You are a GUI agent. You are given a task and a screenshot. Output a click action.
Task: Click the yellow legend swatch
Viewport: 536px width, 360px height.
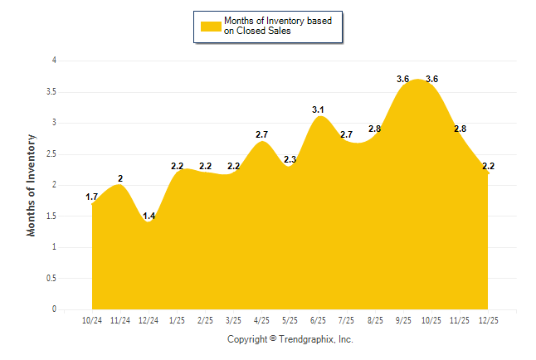(210, 27)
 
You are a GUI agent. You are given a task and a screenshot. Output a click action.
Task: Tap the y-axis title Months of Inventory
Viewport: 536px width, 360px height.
(32, 185)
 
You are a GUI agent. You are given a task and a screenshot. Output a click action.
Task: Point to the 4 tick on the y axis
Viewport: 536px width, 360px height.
(54, 61)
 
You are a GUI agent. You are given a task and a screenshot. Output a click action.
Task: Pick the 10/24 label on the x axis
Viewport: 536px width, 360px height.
(92, 319)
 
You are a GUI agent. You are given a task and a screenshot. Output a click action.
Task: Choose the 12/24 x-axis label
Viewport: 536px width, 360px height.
(149, 319)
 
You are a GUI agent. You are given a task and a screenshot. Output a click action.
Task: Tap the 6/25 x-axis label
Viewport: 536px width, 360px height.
(319, 319)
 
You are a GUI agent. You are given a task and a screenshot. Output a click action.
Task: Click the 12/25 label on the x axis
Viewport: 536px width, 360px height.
(488, 319)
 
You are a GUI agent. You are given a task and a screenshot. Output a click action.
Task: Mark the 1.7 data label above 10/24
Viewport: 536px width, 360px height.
(92, 197)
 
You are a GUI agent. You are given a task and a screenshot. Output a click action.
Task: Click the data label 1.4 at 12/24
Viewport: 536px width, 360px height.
(149, 216)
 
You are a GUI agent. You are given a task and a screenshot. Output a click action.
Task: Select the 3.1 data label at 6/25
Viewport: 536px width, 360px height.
(319, 109)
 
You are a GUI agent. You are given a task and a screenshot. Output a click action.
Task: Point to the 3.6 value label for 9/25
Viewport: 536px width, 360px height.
(403, 79)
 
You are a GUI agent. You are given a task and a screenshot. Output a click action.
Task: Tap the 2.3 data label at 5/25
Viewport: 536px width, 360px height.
(290, 159)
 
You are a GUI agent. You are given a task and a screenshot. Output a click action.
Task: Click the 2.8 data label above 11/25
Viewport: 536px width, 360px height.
(460, 129)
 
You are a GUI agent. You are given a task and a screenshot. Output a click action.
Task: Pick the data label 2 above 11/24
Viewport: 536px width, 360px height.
(120, 178)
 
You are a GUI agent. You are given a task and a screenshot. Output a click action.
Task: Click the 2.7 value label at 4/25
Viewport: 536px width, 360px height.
(262, 134)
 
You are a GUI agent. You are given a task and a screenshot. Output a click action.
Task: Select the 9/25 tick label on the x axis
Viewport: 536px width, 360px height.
(403, 319)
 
